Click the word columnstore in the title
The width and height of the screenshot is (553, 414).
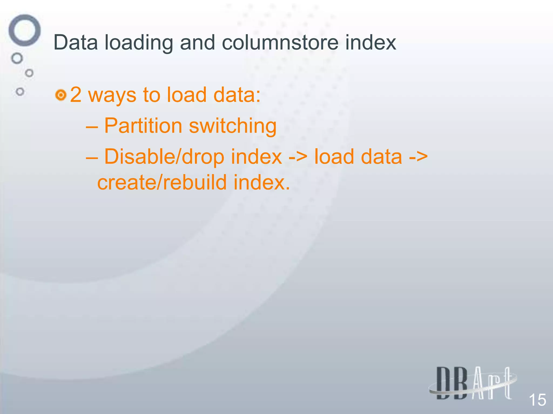280,43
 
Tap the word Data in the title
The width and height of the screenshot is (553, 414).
76,43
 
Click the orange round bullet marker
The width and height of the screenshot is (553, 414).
61,95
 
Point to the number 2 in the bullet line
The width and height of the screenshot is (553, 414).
76,95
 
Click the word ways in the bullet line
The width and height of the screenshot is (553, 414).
112,95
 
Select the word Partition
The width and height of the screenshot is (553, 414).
143,126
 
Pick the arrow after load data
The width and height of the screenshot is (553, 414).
418,157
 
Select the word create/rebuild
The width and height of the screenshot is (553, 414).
162,182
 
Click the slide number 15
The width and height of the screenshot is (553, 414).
537,400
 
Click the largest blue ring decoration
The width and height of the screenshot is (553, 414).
25,30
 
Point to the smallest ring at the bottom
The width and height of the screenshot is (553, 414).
20,92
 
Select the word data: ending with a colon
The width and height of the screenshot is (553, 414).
237,95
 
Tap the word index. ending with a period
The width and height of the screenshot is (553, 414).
261,182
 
